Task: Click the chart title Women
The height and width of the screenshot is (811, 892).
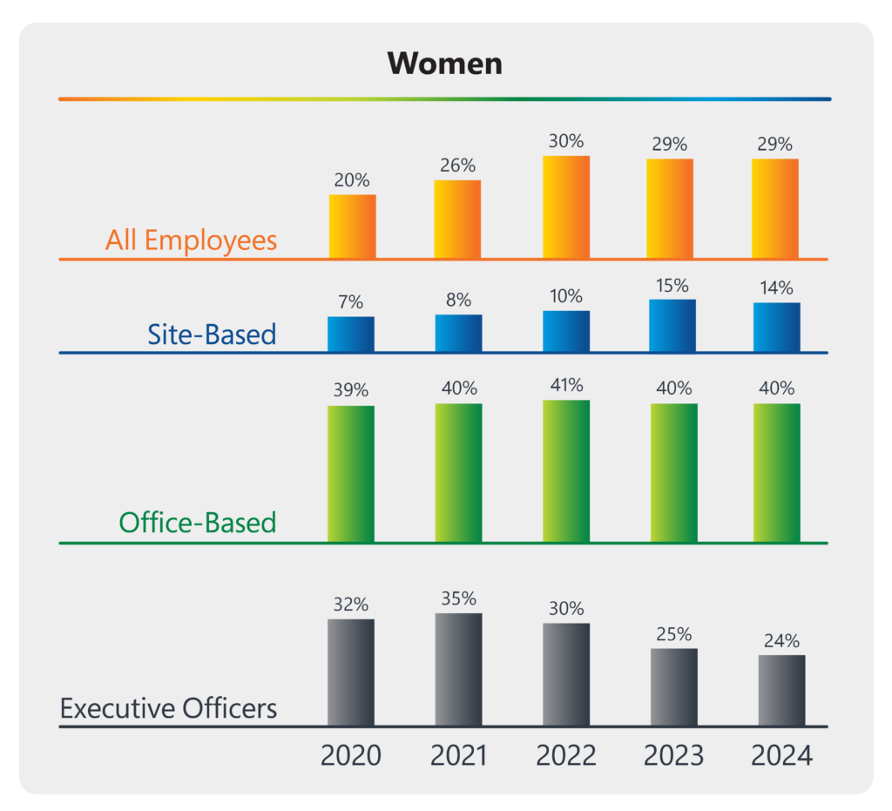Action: click(445, 63)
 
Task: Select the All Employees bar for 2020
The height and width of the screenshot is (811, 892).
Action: click(352, 226)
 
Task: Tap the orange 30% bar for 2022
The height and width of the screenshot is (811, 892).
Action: click(565, 207)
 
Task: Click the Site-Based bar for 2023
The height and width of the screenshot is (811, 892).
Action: click(672, 326)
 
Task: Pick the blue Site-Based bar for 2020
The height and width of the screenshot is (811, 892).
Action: click(351, 335)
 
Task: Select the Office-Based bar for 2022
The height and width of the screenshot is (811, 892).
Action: click(565, 471)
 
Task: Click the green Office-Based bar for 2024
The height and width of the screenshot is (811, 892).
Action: click(776, 473)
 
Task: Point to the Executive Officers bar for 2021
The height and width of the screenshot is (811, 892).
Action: click(458, 669)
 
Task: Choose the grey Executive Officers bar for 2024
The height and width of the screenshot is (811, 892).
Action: click(781, 690)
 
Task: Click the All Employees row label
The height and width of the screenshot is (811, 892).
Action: click(191, 240)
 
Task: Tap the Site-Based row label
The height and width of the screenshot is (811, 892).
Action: click(212, 334)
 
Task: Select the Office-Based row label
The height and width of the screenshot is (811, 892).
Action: click(197, 523)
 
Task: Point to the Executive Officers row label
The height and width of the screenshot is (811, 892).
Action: click(168, 707)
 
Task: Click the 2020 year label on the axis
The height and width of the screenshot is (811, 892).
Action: click(351, 754)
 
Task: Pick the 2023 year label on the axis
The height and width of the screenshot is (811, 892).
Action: click(672, 754)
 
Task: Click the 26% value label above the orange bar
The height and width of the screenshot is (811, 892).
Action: click(457, 165)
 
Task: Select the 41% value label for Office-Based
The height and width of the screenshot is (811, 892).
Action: click(565, 385)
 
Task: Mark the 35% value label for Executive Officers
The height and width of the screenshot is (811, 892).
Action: click(458, 598)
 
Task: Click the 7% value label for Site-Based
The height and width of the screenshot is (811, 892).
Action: click(351, 302)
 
